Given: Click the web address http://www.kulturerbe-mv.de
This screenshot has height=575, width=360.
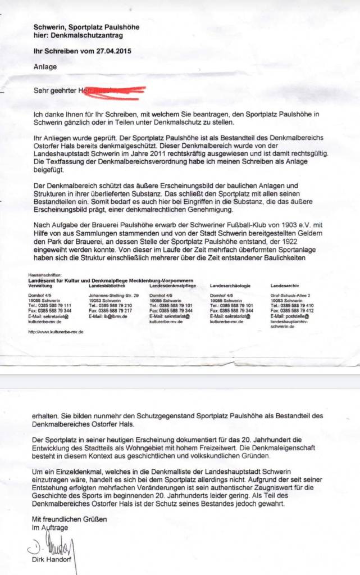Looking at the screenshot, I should coord(56,332).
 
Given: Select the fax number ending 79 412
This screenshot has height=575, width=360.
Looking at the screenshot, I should coord(292,311).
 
